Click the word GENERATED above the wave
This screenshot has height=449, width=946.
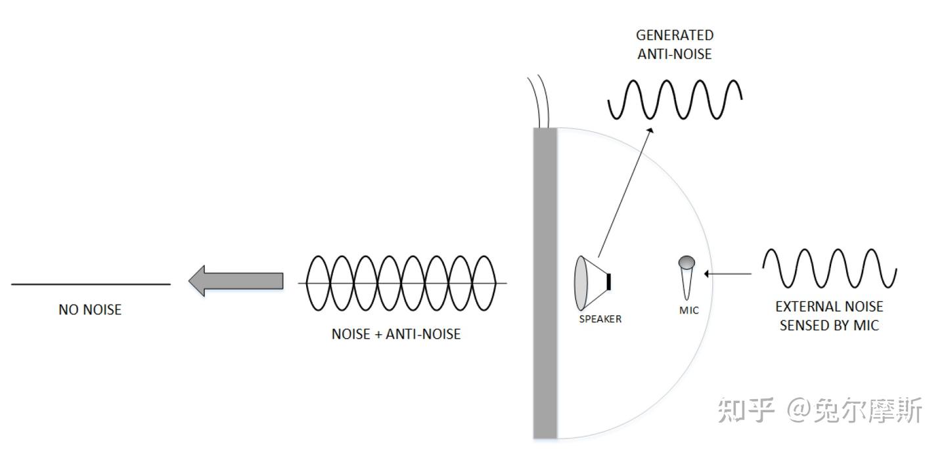[675, 35]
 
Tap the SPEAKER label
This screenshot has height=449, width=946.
[600, 319]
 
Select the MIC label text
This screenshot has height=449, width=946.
[688, 310]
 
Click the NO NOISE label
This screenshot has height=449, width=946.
[90, 310]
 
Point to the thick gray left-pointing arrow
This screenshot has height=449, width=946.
[236, 281]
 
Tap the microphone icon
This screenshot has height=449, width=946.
[687, 278]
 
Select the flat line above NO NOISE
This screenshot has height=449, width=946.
[91, 284]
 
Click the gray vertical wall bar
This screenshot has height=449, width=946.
[545, 283]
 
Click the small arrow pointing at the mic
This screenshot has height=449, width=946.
[728, 274]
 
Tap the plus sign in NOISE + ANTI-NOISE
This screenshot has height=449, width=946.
[378, 334]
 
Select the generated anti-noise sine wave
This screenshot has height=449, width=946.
[675, 100]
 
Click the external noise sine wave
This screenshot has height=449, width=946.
[830, 268]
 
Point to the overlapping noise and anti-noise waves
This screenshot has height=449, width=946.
[402, 283]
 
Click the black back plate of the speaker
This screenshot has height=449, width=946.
[608, 282]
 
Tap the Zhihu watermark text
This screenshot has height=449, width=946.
[819, 410]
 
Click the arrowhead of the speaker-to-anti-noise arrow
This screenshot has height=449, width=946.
[650, 131]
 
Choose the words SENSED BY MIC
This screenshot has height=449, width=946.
[829, 326]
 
